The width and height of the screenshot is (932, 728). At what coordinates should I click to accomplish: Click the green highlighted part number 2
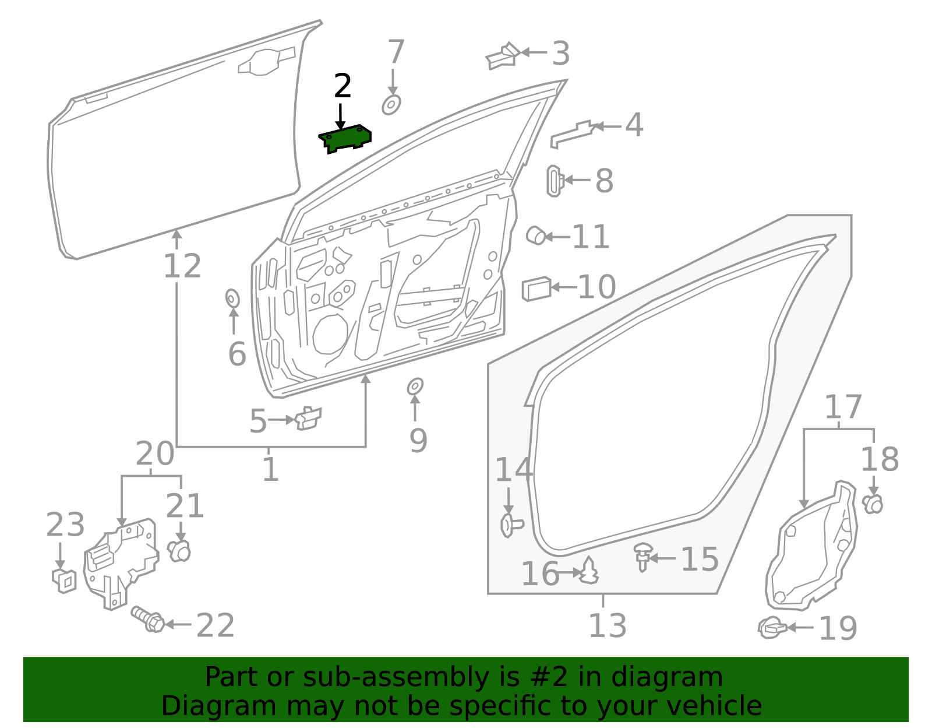[345, 138]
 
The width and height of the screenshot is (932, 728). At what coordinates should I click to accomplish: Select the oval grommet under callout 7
[391, 105]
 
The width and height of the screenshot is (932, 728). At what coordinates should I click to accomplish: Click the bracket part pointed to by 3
[502, 56]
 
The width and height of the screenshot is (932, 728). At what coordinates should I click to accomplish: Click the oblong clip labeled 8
[553, 181]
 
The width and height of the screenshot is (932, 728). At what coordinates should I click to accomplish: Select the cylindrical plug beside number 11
[535, 235]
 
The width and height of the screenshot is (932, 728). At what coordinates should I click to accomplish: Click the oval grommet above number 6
[232, 298]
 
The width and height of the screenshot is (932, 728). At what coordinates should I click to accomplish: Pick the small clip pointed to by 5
[308, 417]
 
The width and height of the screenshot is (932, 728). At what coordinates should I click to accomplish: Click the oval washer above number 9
[415, 386]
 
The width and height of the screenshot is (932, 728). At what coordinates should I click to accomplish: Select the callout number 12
[182, 266]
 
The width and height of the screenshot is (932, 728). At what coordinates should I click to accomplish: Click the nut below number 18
[873, 504]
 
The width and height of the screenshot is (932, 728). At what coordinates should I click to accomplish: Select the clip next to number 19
[772, 627]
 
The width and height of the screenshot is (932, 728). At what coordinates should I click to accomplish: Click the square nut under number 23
[64, 580]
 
